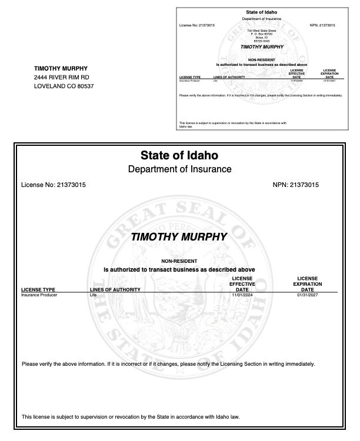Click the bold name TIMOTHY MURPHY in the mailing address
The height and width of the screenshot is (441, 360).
click(x=61, y=68)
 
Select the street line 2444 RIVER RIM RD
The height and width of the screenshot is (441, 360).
click(x=62, y=77)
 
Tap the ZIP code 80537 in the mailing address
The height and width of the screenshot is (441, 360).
click(x=84, y=86)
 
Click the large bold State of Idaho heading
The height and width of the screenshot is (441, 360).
click(x=179, y=156)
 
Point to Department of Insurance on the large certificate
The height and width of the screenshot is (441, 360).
click(x=179, y=169)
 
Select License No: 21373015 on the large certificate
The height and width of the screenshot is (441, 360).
click(x=54, y=185)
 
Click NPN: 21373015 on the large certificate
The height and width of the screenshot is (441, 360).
click(x=296, y=185)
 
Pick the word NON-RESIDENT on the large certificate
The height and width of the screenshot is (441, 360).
click(x=179, y=261)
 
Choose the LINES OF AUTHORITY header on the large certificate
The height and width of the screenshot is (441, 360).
click(x=115, y=290)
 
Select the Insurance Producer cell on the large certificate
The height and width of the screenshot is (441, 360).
click(x=38, y=295)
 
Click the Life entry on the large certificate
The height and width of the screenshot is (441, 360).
click(x=92, y=295)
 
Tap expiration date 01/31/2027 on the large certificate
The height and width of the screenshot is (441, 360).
click(x=307, y=295)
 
